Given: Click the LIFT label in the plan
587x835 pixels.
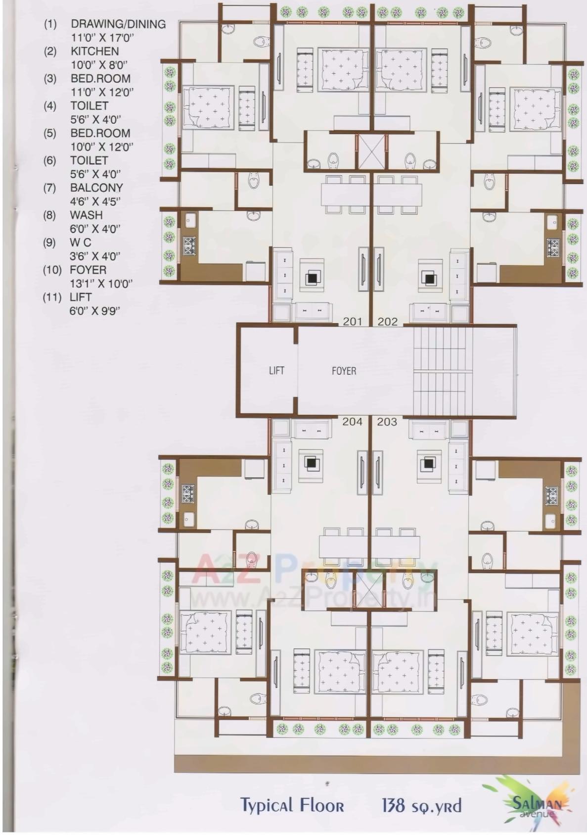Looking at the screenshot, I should pos(276,370).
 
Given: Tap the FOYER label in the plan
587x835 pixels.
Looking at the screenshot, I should pos(344,371).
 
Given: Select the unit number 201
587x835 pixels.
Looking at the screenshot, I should pos(353,322).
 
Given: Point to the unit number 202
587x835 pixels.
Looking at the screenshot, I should pos(388,322).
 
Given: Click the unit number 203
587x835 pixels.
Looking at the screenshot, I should pos(387,422).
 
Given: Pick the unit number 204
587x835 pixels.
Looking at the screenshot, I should pos(352,422).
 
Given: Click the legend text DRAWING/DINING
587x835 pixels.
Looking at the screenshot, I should pos(118,24).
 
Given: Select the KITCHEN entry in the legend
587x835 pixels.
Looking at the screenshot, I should pos(94,51).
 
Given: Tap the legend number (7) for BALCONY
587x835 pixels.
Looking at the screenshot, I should pos(50,188).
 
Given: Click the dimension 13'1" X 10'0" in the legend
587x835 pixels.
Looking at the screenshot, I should pos(101,284).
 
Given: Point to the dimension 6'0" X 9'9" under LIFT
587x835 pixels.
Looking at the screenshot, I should pos(94,311).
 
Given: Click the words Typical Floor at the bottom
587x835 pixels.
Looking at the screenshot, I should pos(292,805).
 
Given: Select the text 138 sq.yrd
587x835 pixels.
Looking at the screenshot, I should pos(421,805).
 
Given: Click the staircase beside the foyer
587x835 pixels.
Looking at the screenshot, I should pos(443,370).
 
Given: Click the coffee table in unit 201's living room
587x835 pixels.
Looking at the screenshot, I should pos(312,278).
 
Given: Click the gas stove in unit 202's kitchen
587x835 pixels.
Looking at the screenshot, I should pos(553,246).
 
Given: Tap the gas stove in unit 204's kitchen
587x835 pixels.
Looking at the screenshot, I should pos(188,493).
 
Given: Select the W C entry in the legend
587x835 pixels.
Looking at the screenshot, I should pos(81,243).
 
